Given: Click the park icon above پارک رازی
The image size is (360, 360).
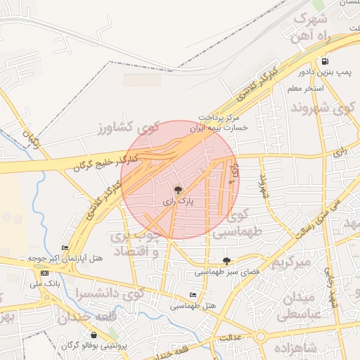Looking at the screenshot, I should point(178,190).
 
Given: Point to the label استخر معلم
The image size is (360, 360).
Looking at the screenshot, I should point(304,89).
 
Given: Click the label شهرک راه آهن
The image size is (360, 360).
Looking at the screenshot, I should point(312,27).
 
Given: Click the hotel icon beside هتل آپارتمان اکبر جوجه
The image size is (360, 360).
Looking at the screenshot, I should point(65,247).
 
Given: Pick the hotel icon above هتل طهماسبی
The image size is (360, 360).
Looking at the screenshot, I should point(193,295).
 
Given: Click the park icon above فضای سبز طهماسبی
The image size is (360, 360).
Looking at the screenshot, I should point(226,260).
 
